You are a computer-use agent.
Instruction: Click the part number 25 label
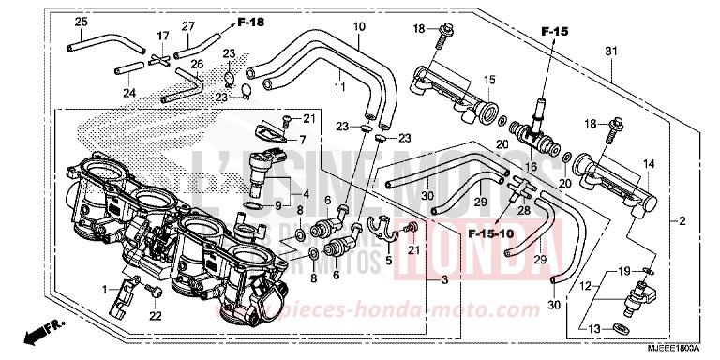(x=81, y=22)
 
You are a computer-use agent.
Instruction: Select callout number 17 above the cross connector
(x=163, y=37)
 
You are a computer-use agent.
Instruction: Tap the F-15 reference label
(x=554, y=33)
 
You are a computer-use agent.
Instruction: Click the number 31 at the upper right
(x=610, y=50)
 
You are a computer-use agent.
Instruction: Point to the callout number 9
(x=278, y=205)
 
